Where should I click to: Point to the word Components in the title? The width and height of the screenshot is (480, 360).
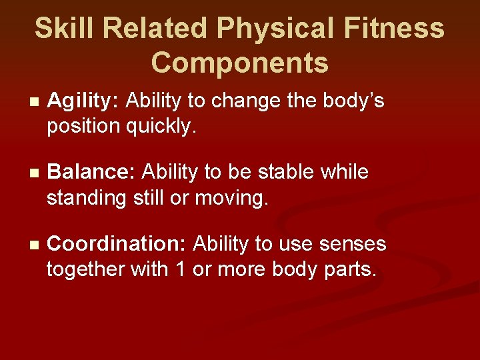(240, 63)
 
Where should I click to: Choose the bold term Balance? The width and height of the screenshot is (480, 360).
(92, 173)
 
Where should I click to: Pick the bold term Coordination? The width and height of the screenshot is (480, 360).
(117, 245)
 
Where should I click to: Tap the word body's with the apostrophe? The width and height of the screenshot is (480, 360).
(353, 101)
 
